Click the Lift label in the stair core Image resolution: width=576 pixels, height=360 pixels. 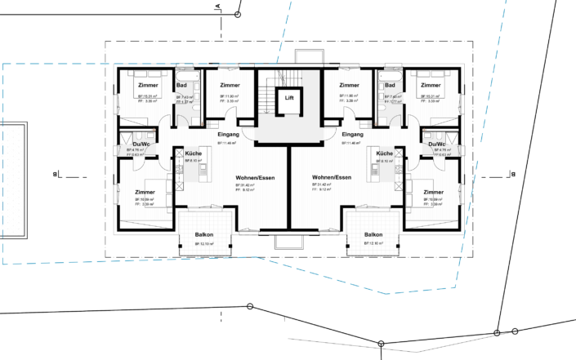pyautogui.click(x=288, y=98)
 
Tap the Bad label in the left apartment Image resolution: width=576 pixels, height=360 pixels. pyautogui.click(x=183, y=86)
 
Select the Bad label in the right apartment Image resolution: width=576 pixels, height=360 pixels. pyautogui.click(x=390, y=86)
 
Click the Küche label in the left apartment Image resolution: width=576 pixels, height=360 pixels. pyautogui.click(x=193, y=153)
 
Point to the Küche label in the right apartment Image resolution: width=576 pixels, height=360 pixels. pyautogui.click(x=384, y=153)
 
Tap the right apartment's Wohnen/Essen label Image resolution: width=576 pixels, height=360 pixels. pyautogui.click(x=332, y=177)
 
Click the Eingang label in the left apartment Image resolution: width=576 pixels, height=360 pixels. pyautogui.click(x=228, y=134)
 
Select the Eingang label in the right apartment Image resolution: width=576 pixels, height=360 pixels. pyautogui.click(x=353, y=134)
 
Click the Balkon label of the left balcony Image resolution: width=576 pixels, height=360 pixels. pyautogui.click(x=204, y=235)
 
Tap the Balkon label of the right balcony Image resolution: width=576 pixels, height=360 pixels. pyautogui.click(x=374, y=235)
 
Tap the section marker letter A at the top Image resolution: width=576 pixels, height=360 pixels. pyautogui.click(x=218, y=7)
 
